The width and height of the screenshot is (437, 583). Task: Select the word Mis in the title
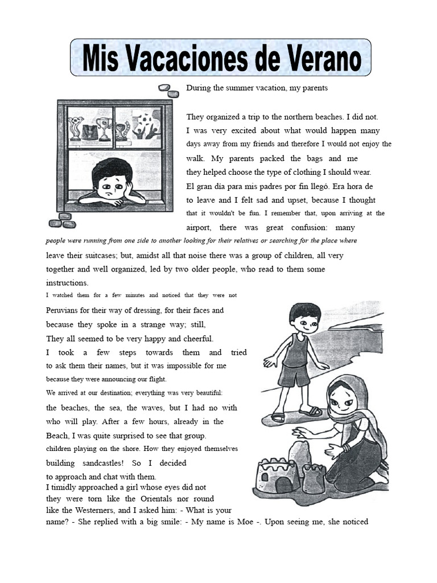[x=102, y=59]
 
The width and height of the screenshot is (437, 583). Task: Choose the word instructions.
[x=67, y=283]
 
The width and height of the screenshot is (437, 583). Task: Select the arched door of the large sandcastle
[x=283, y=485]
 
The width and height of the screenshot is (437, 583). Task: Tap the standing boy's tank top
[x=294, y=352]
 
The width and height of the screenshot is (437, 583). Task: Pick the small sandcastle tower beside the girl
[x=314, y=478]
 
